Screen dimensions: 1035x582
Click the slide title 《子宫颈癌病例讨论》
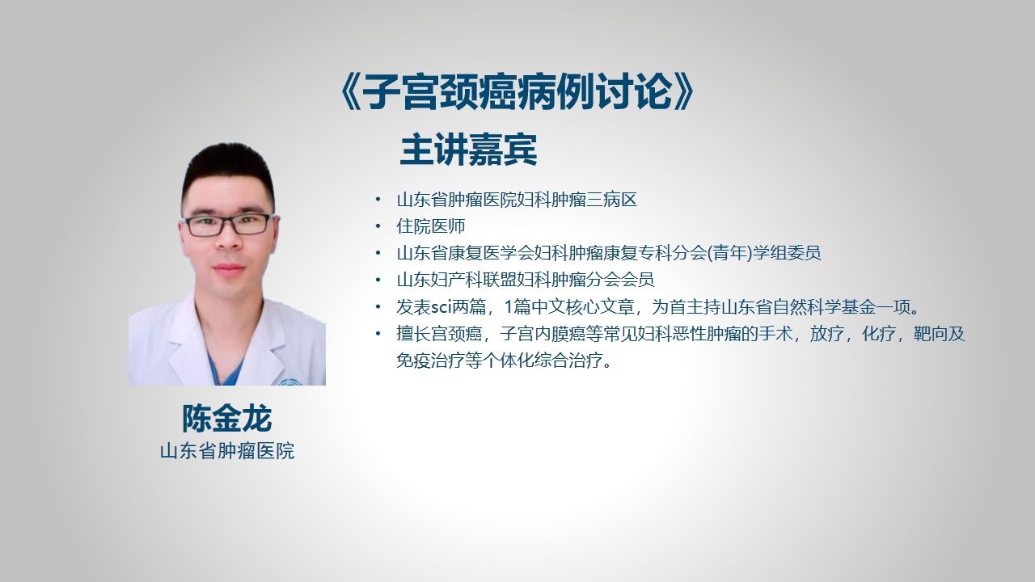517,92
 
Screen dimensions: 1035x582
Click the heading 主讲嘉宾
468,150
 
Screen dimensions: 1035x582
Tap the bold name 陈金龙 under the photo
226,419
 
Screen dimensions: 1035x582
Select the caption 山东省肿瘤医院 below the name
227,451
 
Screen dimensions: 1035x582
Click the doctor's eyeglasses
228,225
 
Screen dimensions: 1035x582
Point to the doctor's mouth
229,268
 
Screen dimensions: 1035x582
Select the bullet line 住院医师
431,226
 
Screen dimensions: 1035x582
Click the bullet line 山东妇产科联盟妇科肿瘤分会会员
526,280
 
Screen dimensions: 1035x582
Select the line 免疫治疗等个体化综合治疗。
504,361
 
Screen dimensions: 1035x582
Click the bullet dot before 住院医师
378,226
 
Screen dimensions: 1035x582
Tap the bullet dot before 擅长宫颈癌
378,333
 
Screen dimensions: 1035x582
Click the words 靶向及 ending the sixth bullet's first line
940,334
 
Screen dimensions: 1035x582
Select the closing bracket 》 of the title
684,92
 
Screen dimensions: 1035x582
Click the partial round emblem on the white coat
290,382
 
